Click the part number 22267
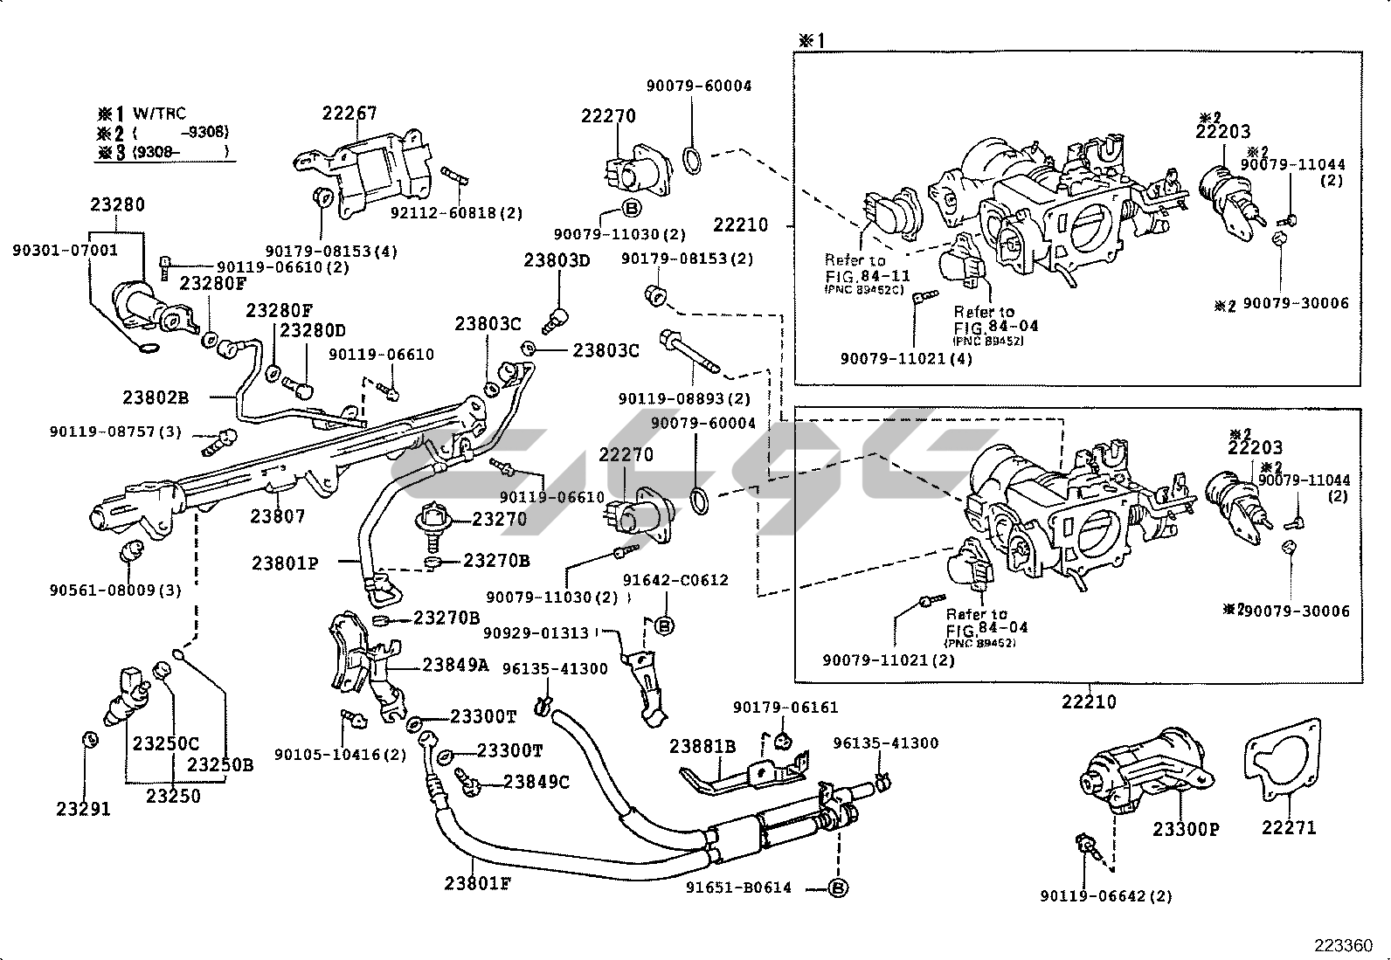(x=349, y=114)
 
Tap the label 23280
(x=117, y=205)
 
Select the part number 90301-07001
(x=65, y=251)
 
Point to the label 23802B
(x=156, y=398)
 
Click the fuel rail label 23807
(x=278, y=516)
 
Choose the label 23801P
(x=285, y=563)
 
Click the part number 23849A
(x=455, y=665)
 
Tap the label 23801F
(x=477, y=883)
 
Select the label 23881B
(x=702, y=747)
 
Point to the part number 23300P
(x=1186, y=829)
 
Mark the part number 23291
(x=84, y=810)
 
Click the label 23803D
(x=557, y=260)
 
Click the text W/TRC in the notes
(x=159, y=114)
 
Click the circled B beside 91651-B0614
(x=838, y=888)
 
